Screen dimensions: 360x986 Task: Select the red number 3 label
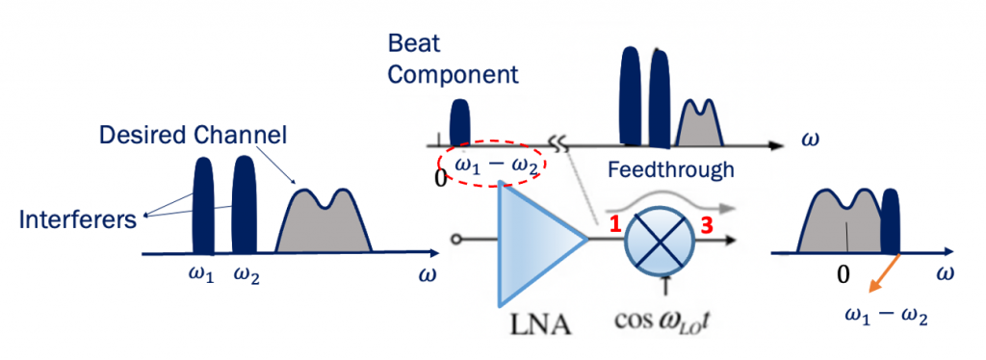[x=706, y=224]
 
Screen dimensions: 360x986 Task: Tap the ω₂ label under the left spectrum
[x=246, y=275]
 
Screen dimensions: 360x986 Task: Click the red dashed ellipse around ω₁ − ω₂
[x=492, y=167]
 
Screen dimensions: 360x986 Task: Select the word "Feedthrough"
[x=670, y=169]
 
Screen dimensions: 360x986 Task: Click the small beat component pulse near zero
[x=460, y=122]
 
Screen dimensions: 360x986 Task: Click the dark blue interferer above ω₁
[x=203, y=207]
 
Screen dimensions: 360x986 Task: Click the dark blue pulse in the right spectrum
[x=891, y=222]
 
